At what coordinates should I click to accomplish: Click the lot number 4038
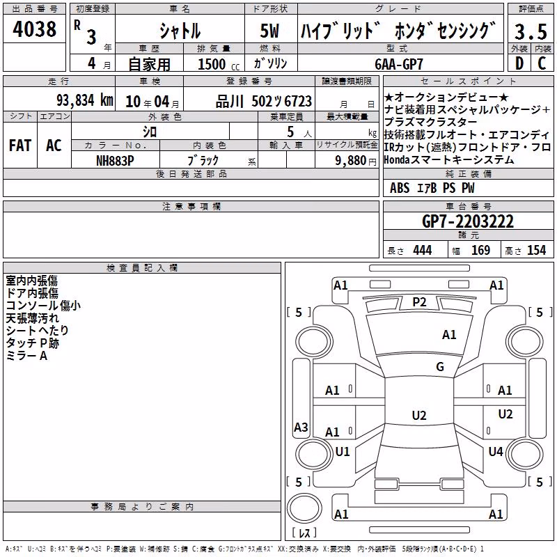click(34, 29)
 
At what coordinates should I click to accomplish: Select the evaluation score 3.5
click(531, 31)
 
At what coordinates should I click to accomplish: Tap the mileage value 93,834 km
click(85, 100)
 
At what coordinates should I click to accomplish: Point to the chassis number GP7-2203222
click(468, 221)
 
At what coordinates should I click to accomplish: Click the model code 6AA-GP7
click(399, 64)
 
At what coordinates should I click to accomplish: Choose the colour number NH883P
click(115, 161)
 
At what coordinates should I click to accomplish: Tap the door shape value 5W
click(269, 31)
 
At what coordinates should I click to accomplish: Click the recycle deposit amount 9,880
click(350, 161)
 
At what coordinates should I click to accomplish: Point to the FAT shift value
click(20, 146)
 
